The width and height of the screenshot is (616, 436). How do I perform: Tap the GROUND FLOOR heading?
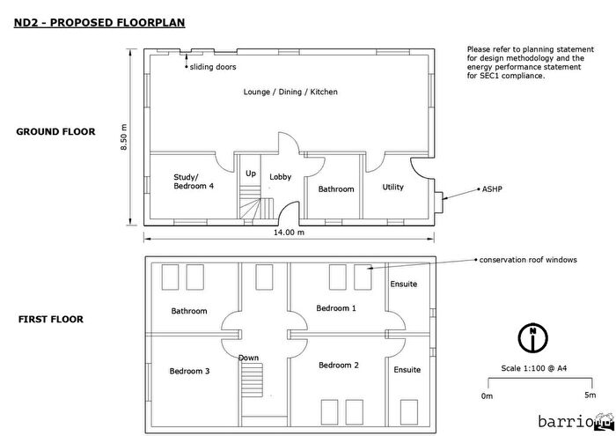click(x=55, y=132)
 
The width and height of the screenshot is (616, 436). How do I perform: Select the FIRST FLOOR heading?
click(x=51, y=319)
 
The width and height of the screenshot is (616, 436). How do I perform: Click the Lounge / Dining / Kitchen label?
click(x=290, y=92)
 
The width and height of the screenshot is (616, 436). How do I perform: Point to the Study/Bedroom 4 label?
click(x=193, y=181)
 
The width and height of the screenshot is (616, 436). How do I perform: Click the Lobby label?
click(x=281, y=176)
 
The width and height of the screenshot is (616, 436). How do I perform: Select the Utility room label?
click(x=392, y=187)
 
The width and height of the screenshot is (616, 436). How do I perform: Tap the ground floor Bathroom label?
click(x=335, y=189)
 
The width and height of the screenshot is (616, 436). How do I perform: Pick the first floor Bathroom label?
click(x=189, y=311)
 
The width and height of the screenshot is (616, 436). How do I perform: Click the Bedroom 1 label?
click(x=336, y=308)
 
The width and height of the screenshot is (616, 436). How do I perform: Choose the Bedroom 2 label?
click(x=339, y=365)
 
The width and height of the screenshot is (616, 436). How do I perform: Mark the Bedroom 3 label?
click(x=189, y=371)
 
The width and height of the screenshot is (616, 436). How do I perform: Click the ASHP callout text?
click(x=491, y=189)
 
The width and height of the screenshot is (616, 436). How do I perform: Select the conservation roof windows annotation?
click(x=527, y=260)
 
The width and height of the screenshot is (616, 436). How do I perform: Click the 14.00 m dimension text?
click(x=289, y=233)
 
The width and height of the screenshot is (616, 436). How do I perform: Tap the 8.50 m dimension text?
click(x=124, y=138)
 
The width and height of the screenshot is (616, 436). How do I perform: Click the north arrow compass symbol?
click(x=532, y=336)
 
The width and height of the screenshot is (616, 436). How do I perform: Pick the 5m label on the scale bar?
click(x=588, y=395)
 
